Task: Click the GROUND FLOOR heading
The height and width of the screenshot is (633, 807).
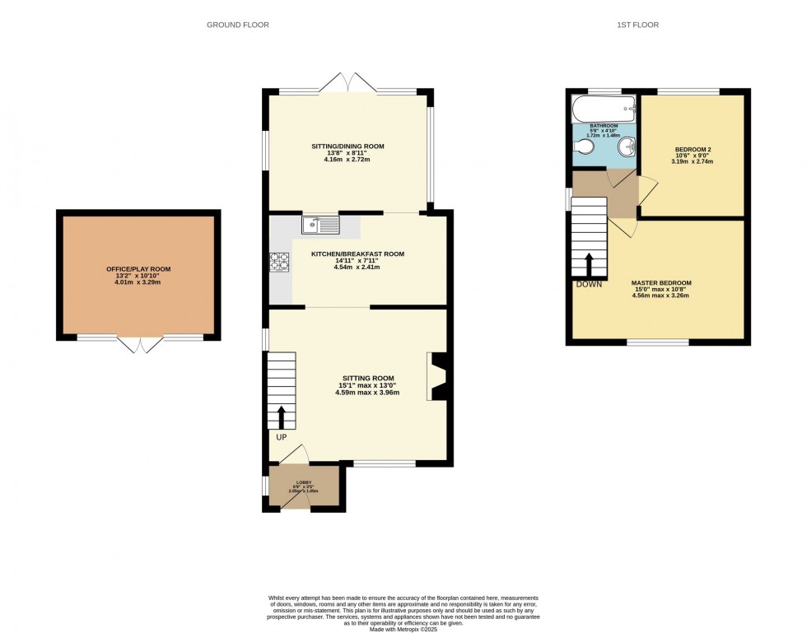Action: (237, 25)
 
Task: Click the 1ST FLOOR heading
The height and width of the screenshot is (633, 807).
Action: (637, 25)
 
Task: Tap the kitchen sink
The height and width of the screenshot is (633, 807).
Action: (320, 223)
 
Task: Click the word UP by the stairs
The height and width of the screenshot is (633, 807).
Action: (281, 437)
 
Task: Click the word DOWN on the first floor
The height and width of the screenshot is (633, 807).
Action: (589, 284)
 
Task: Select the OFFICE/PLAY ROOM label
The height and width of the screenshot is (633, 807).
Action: (138, 269)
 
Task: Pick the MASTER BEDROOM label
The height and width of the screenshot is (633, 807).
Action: (661, 283)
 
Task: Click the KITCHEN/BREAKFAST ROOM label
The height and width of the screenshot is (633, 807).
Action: (357, 254)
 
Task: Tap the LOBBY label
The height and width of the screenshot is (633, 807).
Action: (303, 482)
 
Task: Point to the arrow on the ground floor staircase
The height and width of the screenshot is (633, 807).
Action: (281, 416)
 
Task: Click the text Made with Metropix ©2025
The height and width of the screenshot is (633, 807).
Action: (403, 630)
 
